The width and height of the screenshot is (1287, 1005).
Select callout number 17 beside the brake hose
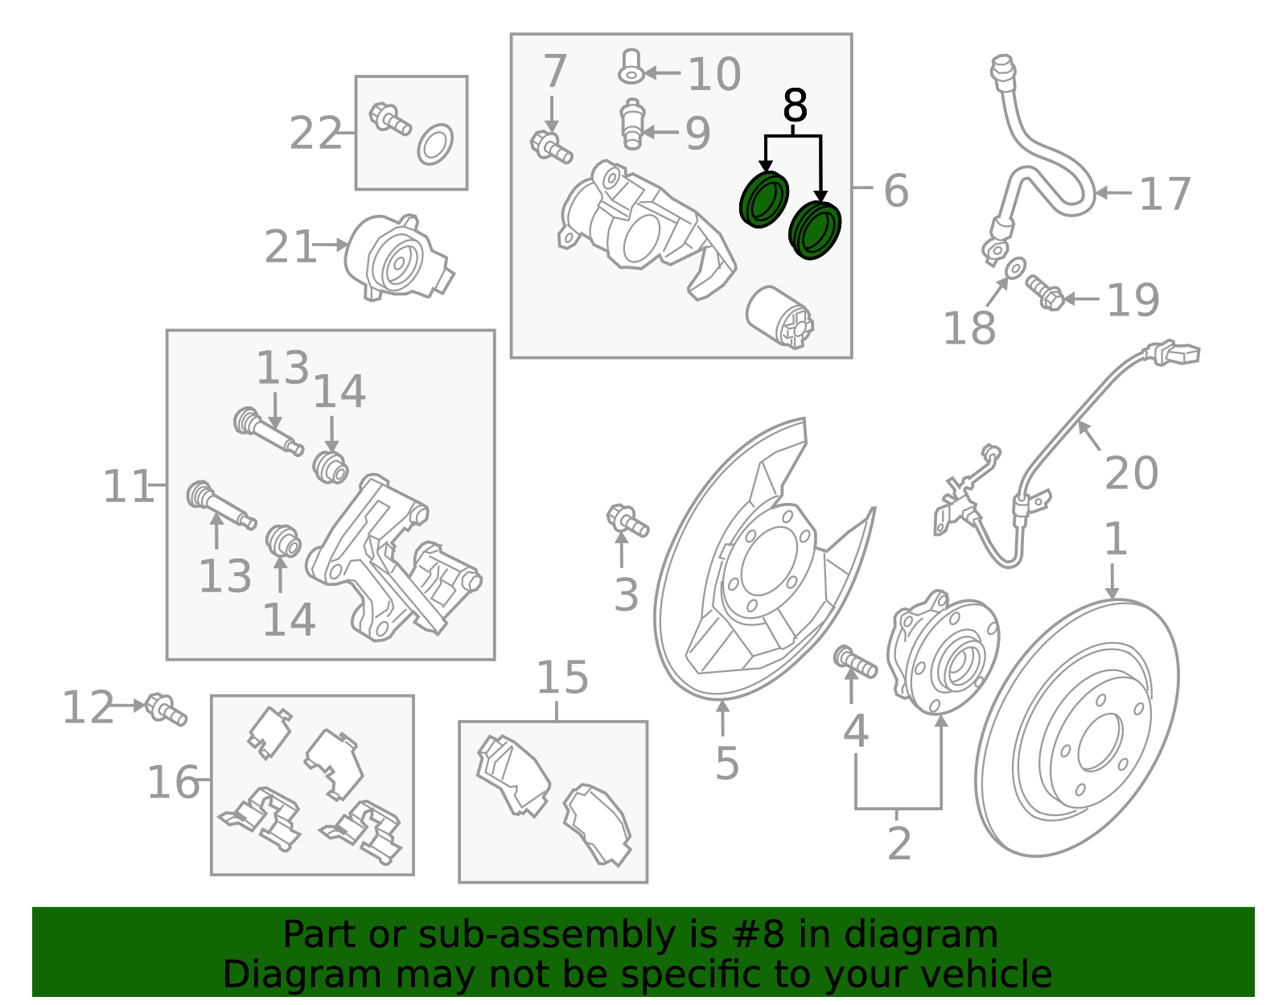(x=1165, y=195)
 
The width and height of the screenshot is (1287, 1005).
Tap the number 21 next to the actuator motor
(x=290, y=247)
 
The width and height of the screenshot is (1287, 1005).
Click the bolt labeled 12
(x=167, y=709)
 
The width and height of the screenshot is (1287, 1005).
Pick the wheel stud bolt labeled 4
(x=856, y=661)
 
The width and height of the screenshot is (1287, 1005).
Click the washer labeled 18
(x=1015, y=266)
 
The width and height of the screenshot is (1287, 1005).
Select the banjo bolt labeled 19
(x=1045, y=294)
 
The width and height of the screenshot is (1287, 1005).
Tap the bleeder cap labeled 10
(x=631, y=67)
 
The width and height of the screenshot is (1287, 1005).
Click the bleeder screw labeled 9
(x=632, y=124)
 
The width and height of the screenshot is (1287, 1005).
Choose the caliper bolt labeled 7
(x=551, y=146)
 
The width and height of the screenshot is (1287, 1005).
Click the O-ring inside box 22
(x=435, y=145)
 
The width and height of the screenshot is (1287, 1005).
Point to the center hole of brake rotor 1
(x=1100, y=741)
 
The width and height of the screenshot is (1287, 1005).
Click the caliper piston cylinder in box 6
(x=779, y=316)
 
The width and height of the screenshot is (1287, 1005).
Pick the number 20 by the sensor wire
(x=1131, y=473)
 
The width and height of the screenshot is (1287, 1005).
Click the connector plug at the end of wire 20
(x=1176, y=353)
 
